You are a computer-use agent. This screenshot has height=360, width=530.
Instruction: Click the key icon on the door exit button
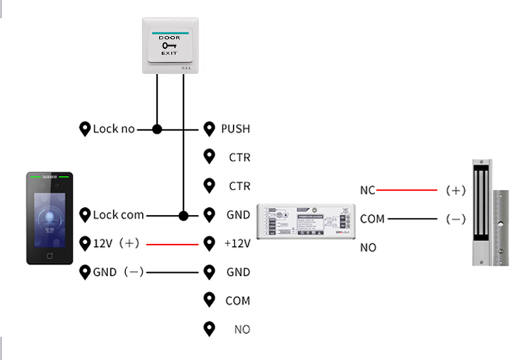169,46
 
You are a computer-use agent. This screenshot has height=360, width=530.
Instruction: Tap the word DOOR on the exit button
169,37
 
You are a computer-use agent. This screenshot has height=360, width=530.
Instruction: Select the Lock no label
114,129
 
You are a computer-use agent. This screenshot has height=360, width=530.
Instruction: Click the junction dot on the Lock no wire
158,129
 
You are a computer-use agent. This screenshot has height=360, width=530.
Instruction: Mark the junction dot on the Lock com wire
184,215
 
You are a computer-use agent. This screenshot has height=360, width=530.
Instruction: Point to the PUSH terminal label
235,129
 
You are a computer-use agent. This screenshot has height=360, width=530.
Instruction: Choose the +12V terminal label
237,243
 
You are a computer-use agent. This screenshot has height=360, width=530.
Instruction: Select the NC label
367,190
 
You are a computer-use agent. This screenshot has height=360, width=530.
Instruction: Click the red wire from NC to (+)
406,190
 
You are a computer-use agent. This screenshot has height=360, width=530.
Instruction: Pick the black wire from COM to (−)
412,219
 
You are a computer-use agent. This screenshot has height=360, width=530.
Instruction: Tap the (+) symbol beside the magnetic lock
456,190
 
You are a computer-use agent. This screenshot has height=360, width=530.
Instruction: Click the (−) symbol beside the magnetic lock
456,219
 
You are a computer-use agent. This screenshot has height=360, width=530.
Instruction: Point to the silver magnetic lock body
483,212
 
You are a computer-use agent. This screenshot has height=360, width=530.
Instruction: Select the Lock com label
118,215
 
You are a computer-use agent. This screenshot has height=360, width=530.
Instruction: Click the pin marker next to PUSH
209,129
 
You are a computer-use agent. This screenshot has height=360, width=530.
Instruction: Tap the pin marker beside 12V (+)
86,243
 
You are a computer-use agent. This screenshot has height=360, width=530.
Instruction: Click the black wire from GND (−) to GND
173,272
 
